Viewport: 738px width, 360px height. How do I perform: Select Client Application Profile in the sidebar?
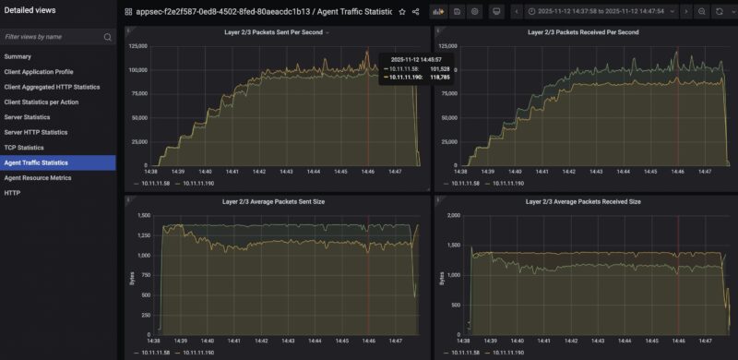pos(39,71)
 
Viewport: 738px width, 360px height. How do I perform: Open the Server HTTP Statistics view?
pos(36,132)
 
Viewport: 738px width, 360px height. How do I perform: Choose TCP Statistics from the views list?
pos(24,148)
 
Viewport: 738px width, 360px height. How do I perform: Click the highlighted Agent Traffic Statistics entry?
pos(36,162)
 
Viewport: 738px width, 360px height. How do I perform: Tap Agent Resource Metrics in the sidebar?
pos(38,177)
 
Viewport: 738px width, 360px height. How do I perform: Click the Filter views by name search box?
pos(54,37)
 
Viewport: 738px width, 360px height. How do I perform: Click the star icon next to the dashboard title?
pos(401,12)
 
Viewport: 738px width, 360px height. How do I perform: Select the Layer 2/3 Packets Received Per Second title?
pos(582,32)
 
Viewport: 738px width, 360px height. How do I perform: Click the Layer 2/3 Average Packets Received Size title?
pos(582,200)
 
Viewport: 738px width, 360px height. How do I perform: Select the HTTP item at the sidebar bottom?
pos(13,193)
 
